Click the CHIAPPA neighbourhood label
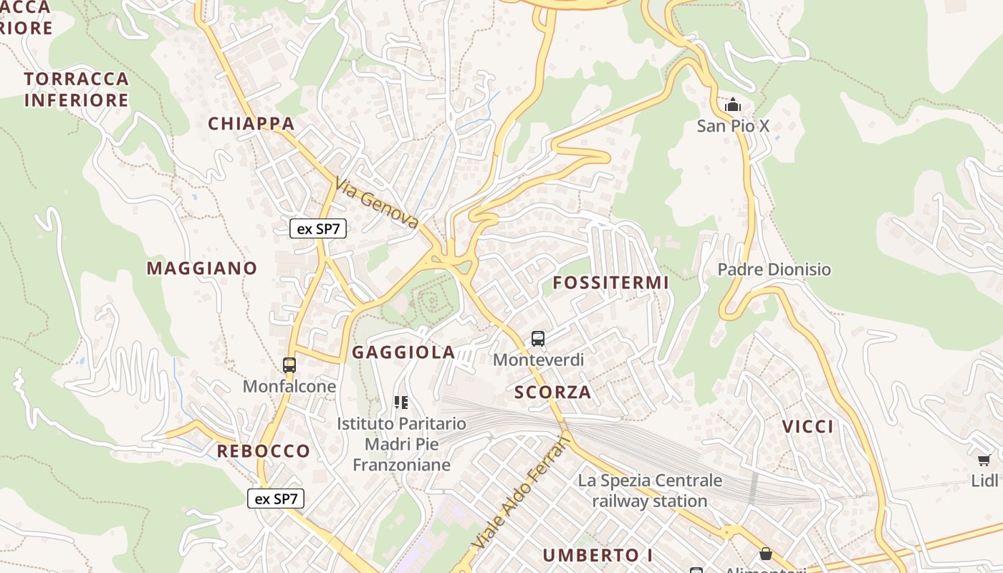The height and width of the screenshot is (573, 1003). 251,124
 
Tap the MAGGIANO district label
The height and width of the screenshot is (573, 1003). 202,269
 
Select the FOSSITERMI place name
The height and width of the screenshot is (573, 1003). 611,283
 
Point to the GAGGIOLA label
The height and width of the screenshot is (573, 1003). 403,352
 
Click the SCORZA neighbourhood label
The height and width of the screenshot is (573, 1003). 553,393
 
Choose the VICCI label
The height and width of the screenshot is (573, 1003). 807,427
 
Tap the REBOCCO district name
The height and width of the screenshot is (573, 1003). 264,451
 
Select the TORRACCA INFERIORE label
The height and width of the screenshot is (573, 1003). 77,90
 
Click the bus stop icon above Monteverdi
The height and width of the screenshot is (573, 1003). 538,339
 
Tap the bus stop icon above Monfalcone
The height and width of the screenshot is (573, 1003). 289,365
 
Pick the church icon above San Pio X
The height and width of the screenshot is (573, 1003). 732,105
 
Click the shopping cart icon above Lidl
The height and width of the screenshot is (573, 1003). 984,459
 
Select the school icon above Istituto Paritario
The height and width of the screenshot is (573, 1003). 401,403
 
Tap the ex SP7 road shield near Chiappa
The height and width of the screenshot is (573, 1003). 318,229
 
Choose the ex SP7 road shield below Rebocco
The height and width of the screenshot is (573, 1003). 276,499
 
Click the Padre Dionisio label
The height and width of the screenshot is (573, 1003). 774,270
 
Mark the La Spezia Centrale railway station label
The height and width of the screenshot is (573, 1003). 650,491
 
